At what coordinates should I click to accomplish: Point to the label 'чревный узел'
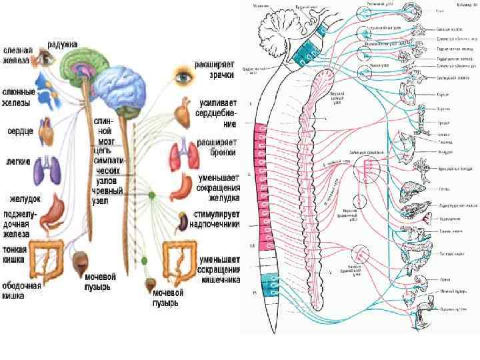pyautogui.click(x=107, y=186)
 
